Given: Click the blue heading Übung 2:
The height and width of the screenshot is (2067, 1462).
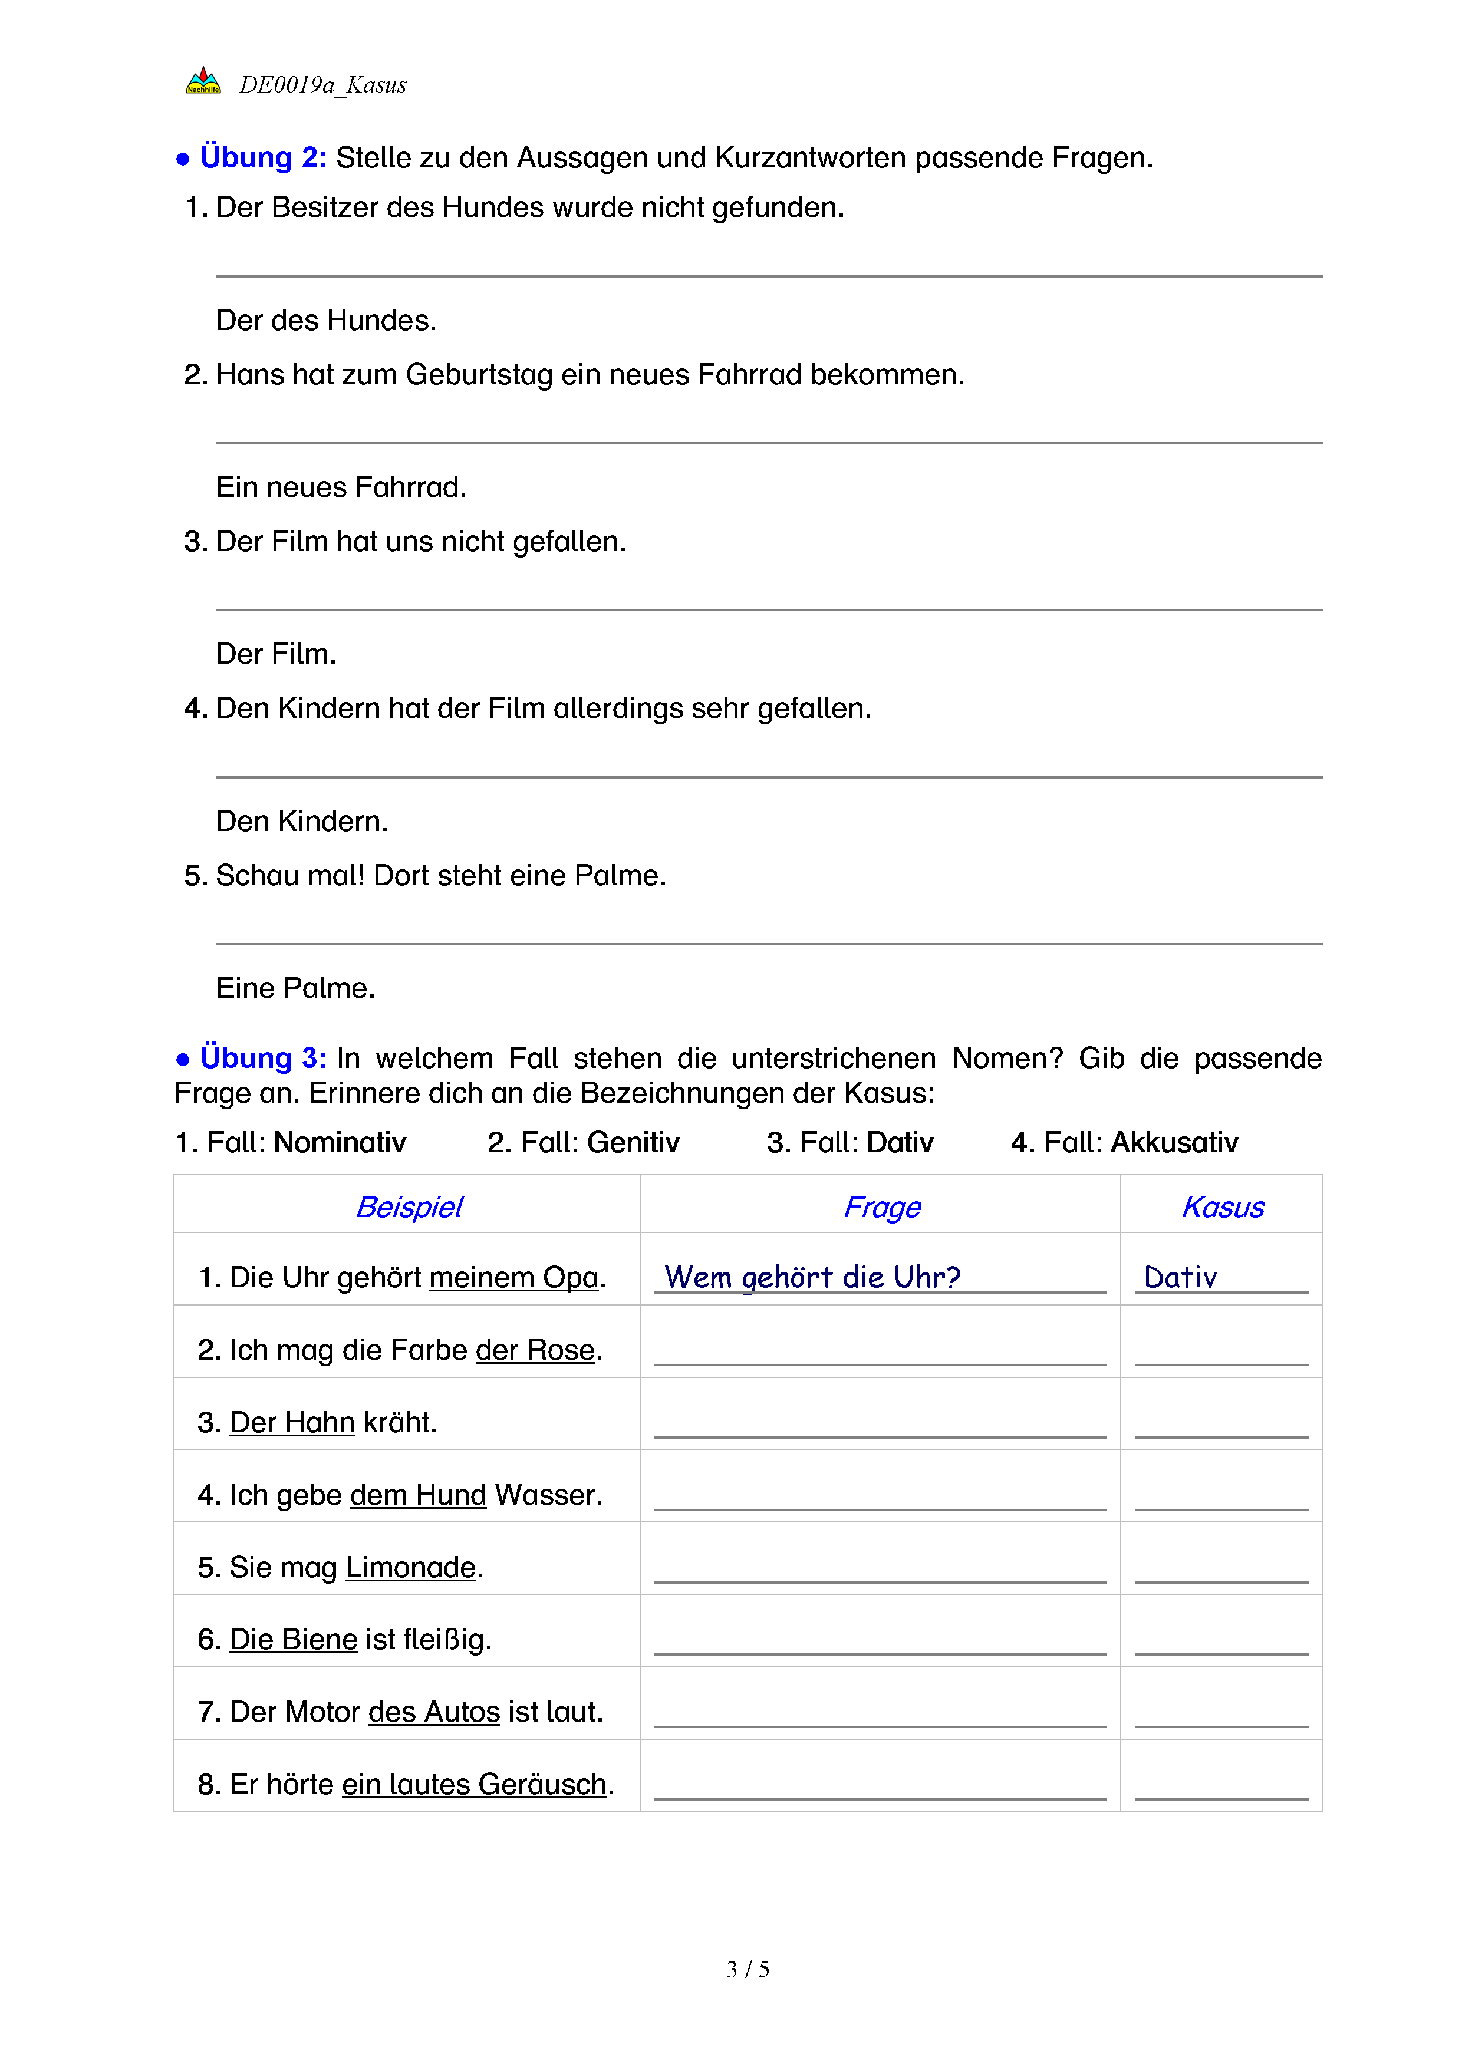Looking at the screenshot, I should tap(263, 157).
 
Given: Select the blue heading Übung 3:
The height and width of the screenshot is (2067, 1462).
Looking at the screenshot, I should tap(263, 1058).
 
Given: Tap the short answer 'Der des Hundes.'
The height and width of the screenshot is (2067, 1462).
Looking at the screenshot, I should tap(326, 321).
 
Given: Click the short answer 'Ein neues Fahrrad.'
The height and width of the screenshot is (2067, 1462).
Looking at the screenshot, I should tap(341, 487).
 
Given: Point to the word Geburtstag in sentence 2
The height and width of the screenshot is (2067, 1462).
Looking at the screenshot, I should tap(479, 374).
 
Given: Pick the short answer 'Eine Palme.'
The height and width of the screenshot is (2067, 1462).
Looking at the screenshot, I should tap(295, 988).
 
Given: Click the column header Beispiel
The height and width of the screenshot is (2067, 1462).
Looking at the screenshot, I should tap(410, 1207).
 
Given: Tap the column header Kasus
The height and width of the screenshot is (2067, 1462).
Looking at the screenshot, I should tap(1223, 1207).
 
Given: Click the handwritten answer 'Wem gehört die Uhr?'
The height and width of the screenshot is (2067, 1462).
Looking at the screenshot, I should tap(812, 1277).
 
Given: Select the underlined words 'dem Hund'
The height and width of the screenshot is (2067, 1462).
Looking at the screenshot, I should tap(418, 1495).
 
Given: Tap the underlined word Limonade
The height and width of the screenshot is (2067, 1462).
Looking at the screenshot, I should tap(410, 1567).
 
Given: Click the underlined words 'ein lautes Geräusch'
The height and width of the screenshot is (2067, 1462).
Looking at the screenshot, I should tap(475, 1784).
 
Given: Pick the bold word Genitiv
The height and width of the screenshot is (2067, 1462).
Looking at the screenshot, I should tap(633, 1142).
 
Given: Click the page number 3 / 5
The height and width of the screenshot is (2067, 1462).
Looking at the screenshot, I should tap(747, 1970).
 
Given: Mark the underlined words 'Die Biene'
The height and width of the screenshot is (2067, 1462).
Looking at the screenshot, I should tap(294, 1639).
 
